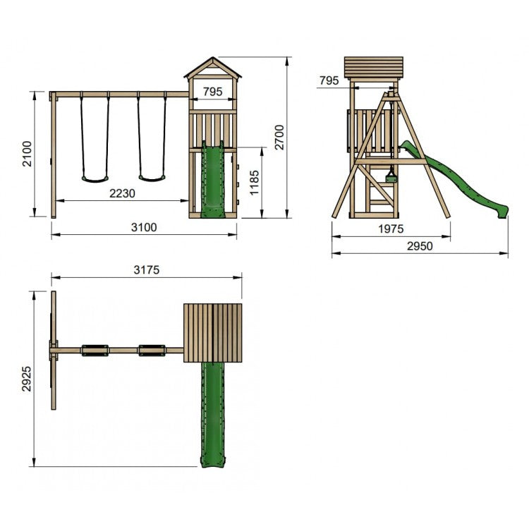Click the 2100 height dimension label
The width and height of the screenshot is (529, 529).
[x=25, y=154]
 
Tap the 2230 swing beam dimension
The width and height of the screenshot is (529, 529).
[x=123, y=193]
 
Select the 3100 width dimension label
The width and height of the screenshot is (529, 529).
[x=143, y=227]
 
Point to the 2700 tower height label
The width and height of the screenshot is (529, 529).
[x=279, y=138]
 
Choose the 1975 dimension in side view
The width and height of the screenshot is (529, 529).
[x=390, y=228]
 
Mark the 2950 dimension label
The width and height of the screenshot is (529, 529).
[x=419, y=246]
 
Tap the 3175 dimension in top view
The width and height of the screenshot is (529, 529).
[x=146, y=269]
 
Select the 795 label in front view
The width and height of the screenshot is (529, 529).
[x=214, y=91]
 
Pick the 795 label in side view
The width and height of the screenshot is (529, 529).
[x=329, y=80]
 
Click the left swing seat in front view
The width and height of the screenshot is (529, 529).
[x=94, y=178]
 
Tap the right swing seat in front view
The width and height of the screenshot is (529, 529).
[x=151, y=178]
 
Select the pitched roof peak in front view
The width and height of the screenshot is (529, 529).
[x=212, y=59]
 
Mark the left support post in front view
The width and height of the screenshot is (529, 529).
[x=54, y=154]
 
